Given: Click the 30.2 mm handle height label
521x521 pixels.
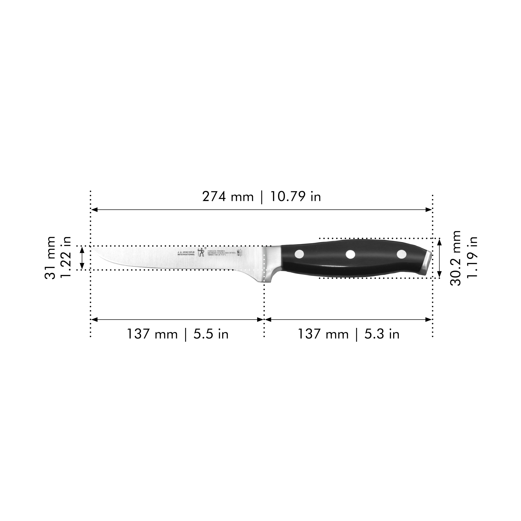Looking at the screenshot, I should [x=456, y=258].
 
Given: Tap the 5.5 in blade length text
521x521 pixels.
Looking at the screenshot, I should [x=211, y=334].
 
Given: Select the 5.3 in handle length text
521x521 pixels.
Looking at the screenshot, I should [x=382, y=334].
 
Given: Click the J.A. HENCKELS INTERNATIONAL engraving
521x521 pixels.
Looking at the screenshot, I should [x=186, y=253].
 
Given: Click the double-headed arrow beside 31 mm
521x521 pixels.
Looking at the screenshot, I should [x=82, y=258].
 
